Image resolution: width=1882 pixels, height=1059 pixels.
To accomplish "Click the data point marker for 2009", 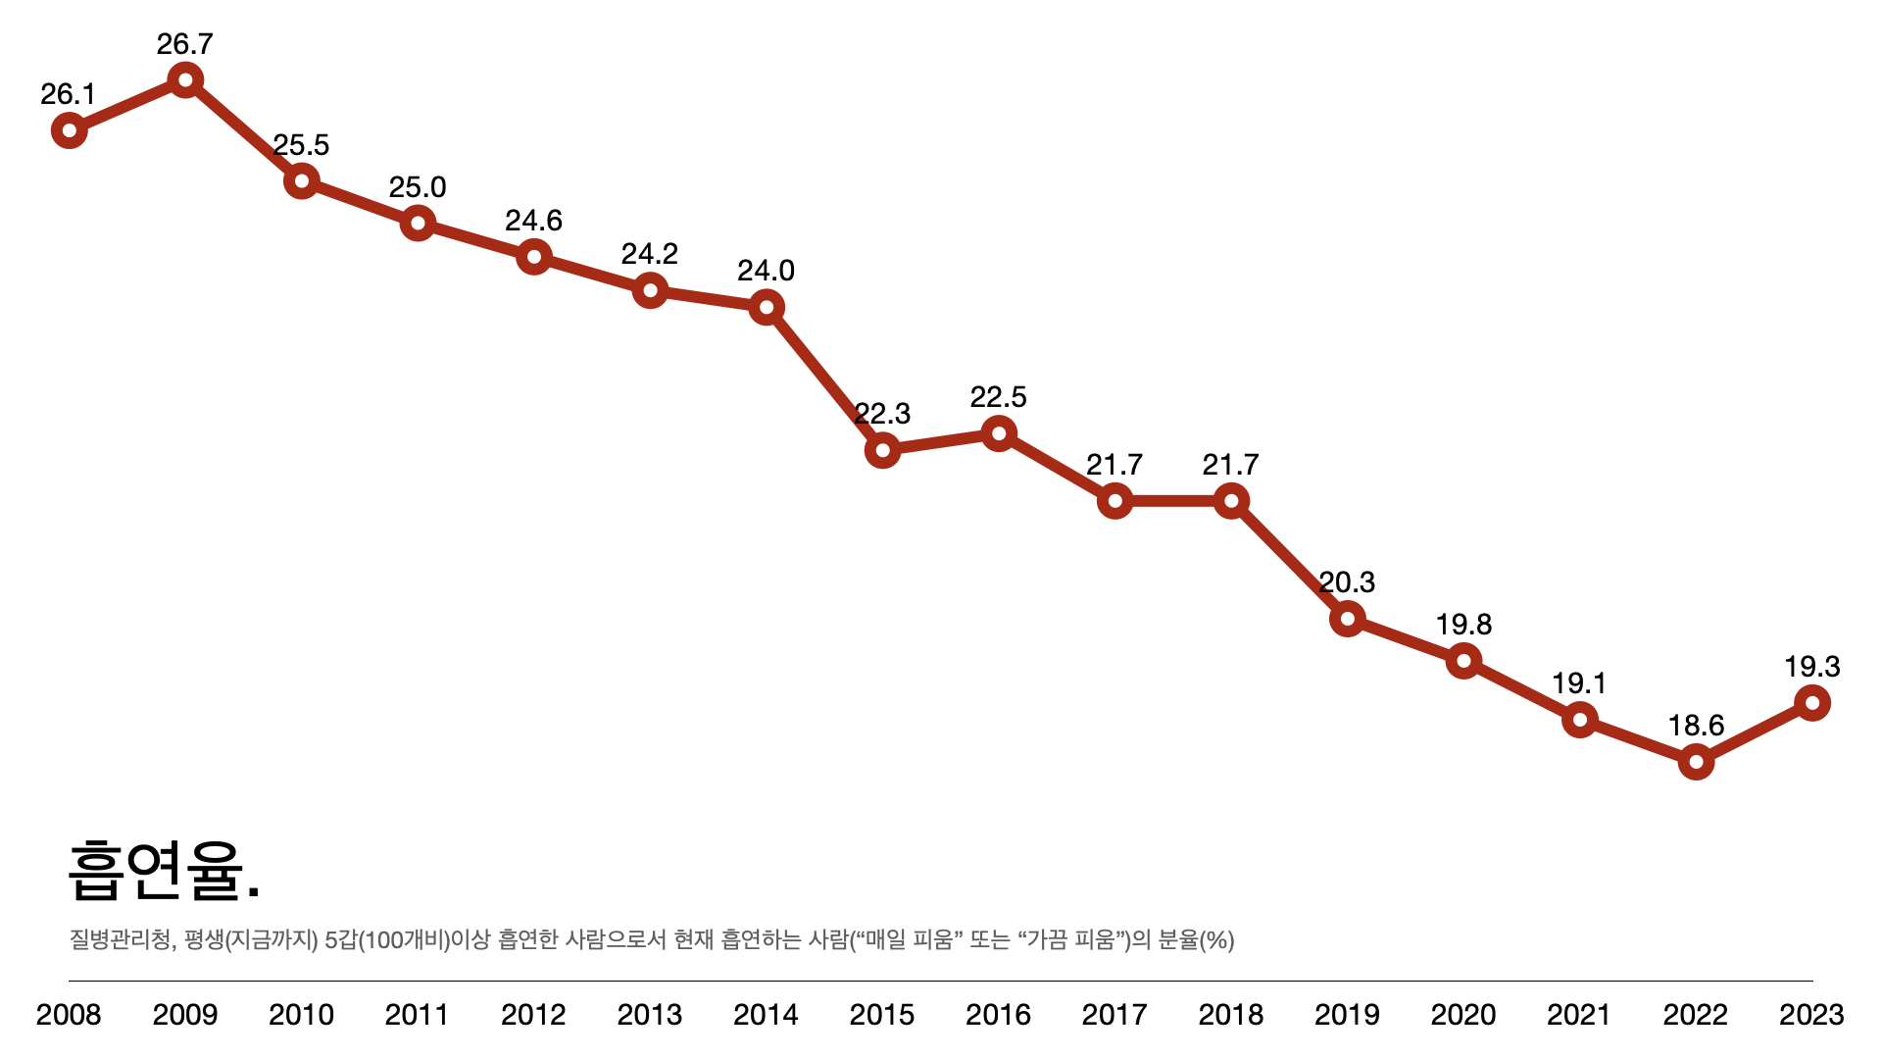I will point(185,79).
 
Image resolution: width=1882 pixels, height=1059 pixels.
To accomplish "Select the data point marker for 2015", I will point(882,450).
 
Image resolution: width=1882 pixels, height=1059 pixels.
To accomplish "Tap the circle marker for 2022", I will point(1696,762).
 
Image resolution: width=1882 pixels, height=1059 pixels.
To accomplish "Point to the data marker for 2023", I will point(1812,702).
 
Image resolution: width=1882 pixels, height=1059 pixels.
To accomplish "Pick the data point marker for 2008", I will point(69,129).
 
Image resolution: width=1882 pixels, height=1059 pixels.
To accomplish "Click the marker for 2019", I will point(1348,619).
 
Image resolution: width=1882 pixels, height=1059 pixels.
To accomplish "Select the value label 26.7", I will point(185,44).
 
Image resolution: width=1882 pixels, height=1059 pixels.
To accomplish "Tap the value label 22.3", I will point(882,414).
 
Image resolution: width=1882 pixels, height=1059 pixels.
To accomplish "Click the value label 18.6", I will point(1696,726).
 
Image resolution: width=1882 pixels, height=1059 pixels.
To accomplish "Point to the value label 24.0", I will point(766,271).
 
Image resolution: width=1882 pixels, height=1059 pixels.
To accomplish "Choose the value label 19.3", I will point(1812,667).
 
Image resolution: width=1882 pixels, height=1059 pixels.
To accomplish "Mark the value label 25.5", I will point(301,145).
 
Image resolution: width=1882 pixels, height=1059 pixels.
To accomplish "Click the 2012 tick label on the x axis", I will point(533,1015).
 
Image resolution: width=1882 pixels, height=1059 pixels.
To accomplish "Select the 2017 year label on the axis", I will point(1114,1015).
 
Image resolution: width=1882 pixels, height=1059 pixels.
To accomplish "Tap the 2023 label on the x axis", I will point(1811,1015).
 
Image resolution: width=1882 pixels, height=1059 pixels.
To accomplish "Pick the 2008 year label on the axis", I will point(69,1015).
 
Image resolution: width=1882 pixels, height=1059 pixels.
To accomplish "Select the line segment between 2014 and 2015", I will point(824,379).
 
